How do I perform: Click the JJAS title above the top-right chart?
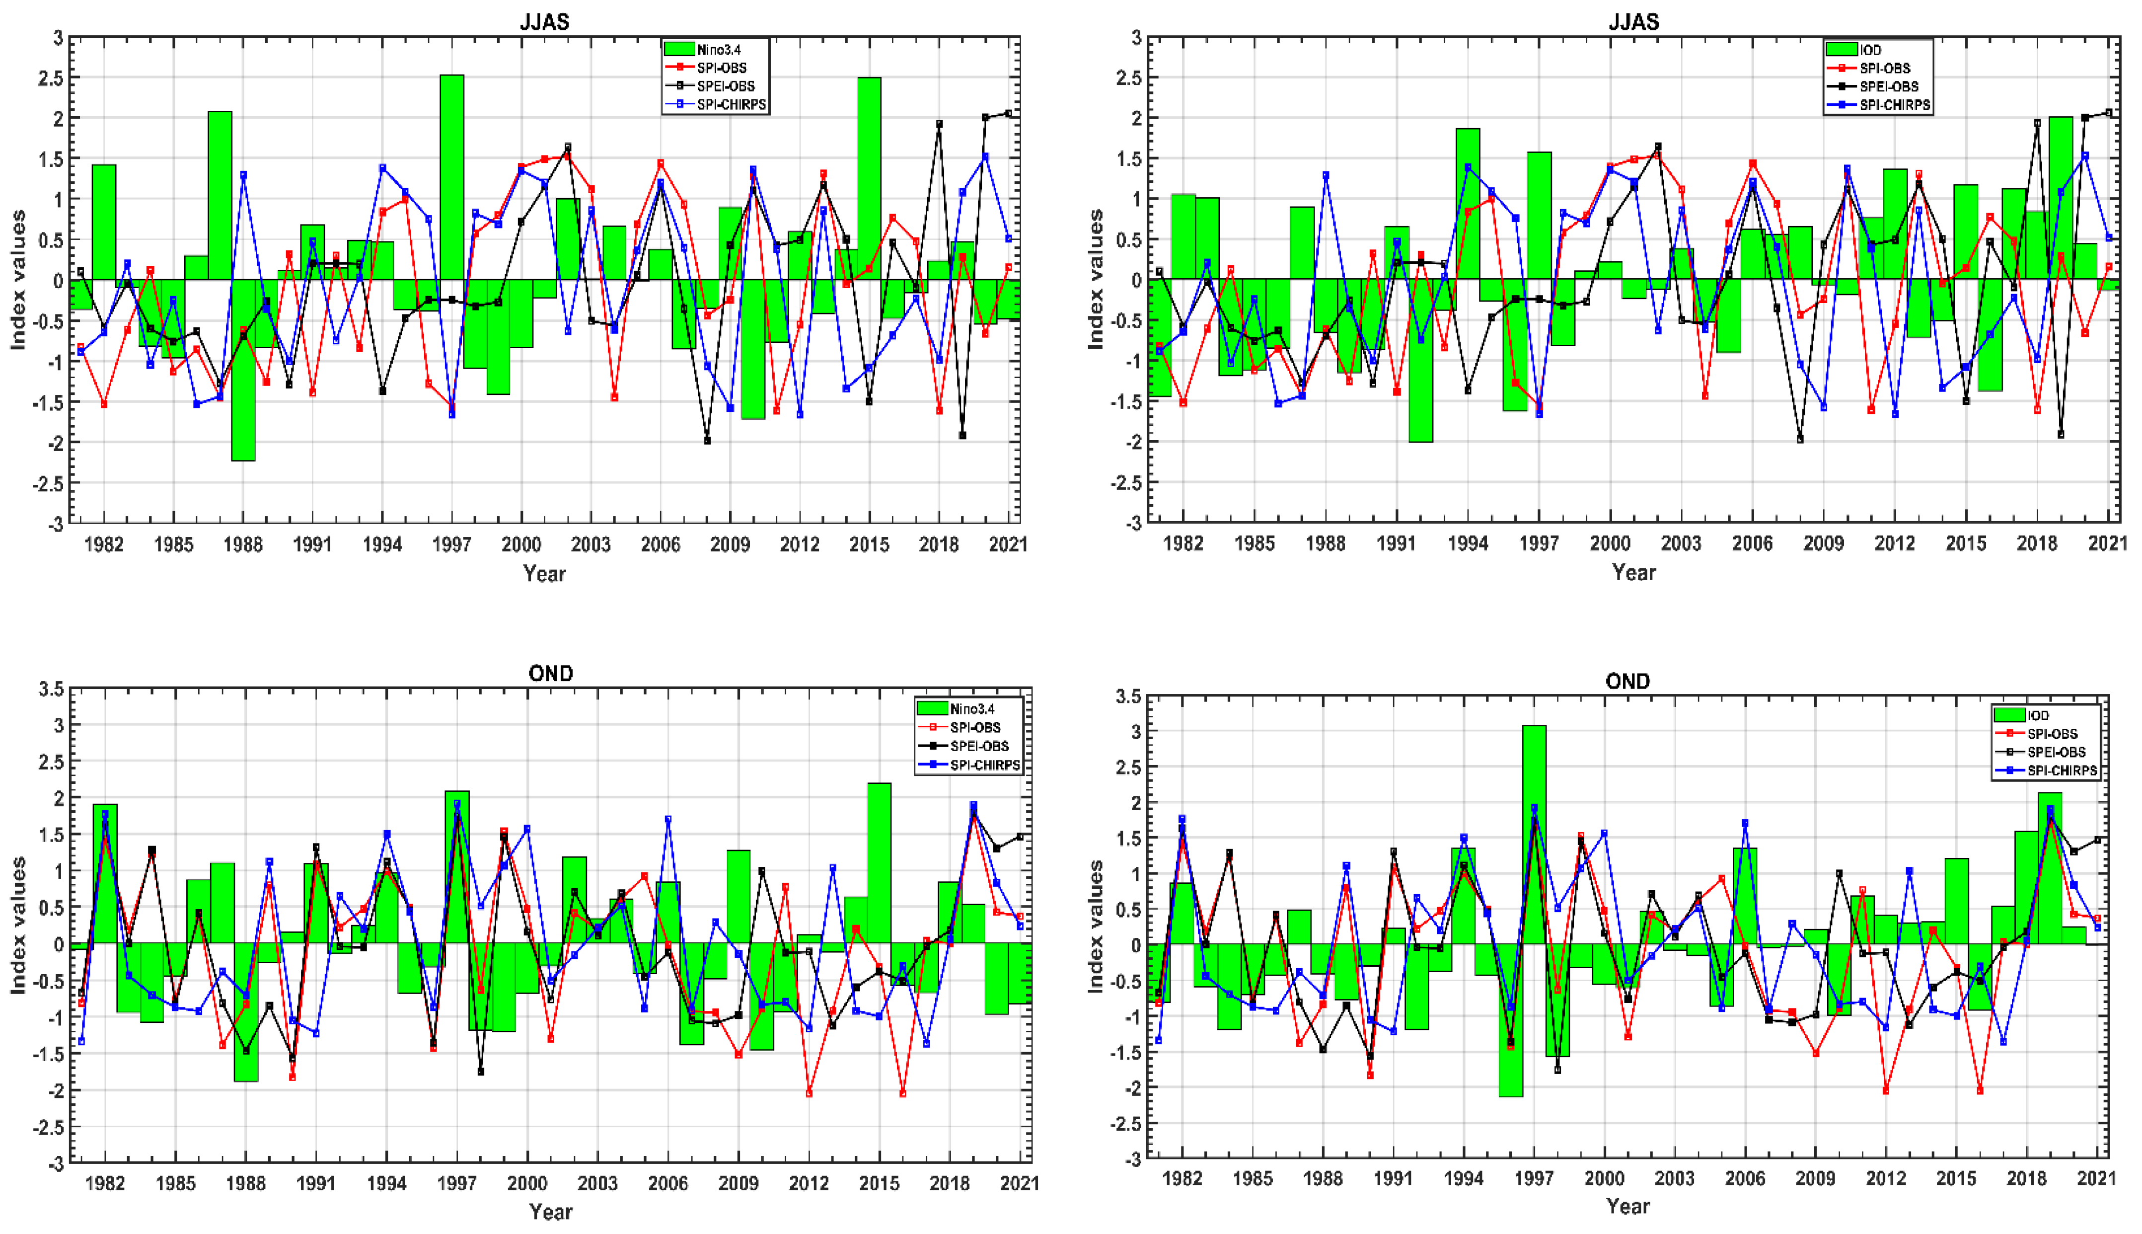coord(1633,22)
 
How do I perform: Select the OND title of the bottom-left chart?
coord(551,674)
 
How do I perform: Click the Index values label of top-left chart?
coord(19,280)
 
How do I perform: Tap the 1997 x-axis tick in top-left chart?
coord(451,544)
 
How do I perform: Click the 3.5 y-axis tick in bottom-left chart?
coord(51,689)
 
